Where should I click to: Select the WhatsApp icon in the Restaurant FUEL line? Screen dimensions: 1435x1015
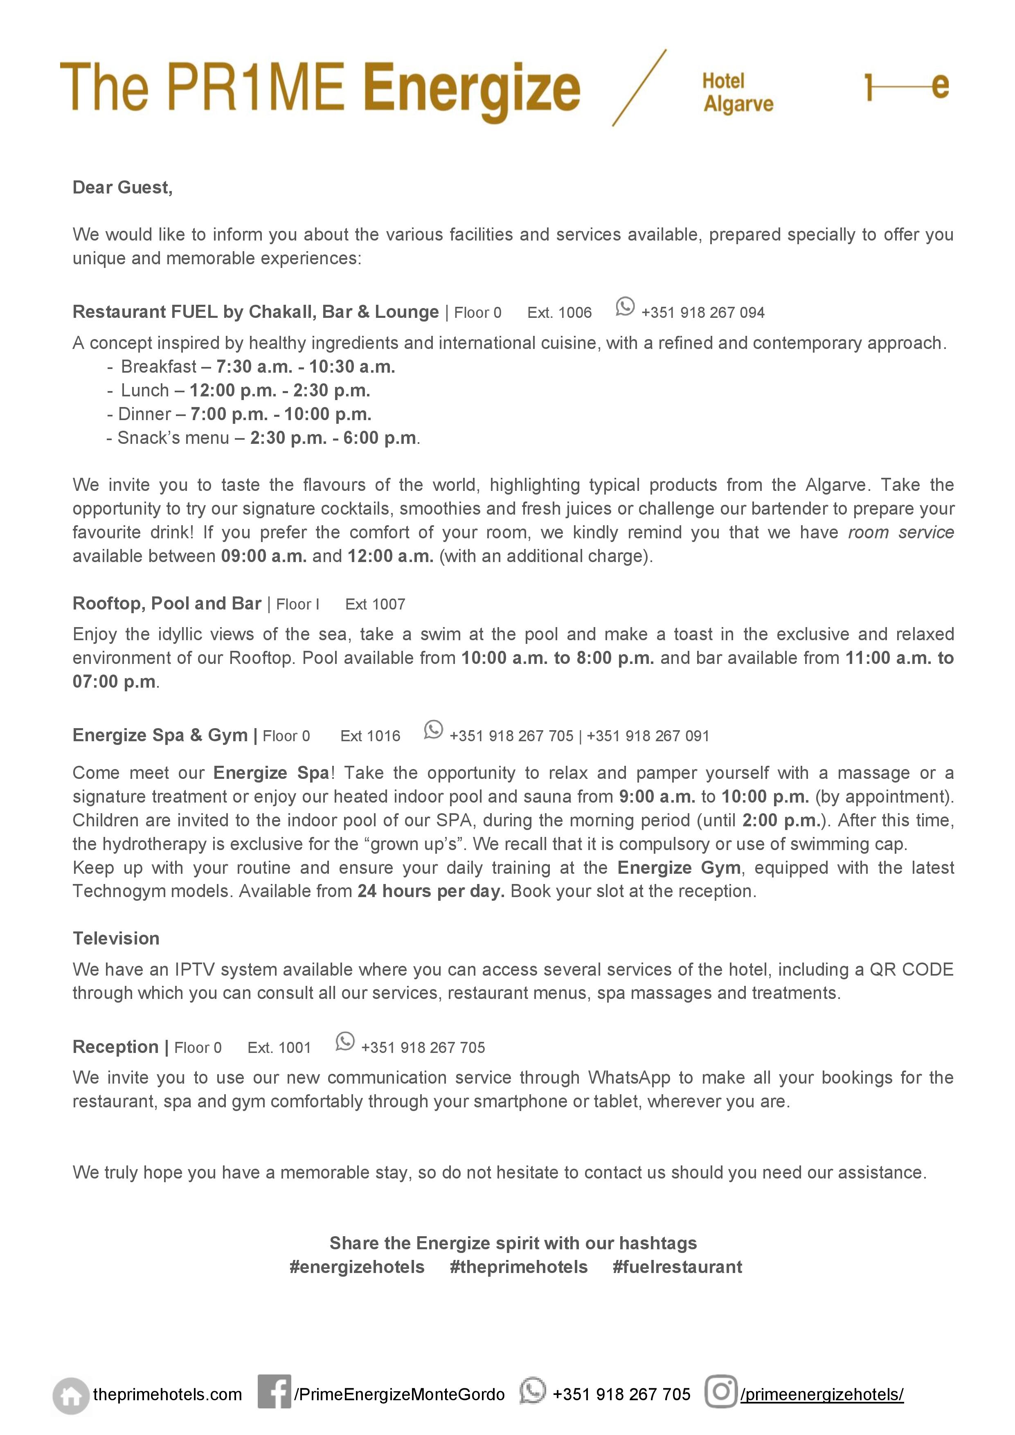coord(624,306)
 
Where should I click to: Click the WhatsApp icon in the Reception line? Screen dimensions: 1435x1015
coord(344,1041)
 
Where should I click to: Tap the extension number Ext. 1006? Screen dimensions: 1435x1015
coord(559,313)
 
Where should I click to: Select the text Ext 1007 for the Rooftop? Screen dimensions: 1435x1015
coord(375,604)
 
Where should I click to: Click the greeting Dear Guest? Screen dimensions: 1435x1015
coord(122,187)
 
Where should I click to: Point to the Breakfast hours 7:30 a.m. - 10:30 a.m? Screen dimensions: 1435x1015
coord(306,367)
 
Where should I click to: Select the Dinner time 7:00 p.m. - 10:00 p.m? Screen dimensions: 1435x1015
coord(281,414)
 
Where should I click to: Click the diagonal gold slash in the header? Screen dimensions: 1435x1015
coord(639,88)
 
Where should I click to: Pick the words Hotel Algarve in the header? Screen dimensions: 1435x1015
coord(738,92)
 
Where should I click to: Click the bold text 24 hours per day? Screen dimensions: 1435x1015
coord(431,891)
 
